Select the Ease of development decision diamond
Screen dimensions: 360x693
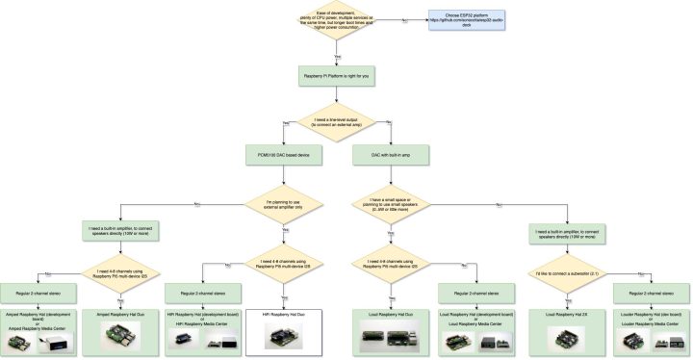(336, 21)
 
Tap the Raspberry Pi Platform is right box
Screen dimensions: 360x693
(336, 74)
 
